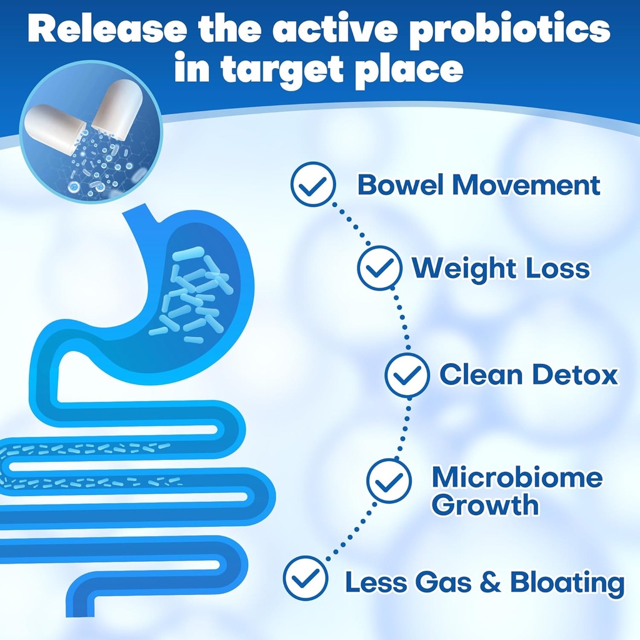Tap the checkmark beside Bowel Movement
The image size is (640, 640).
(314, 184)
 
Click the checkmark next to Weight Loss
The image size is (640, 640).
(379, 268)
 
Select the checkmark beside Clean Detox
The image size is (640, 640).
(407, 375)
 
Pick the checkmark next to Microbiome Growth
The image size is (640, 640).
(389, 480)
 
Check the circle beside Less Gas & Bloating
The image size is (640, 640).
(305, 579)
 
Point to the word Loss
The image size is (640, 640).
(557, 269)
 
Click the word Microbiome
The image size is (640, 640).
(517, 478)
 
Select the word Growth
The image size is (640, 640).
(485, 505)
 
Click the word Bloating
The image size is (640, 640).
(567, 582)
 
